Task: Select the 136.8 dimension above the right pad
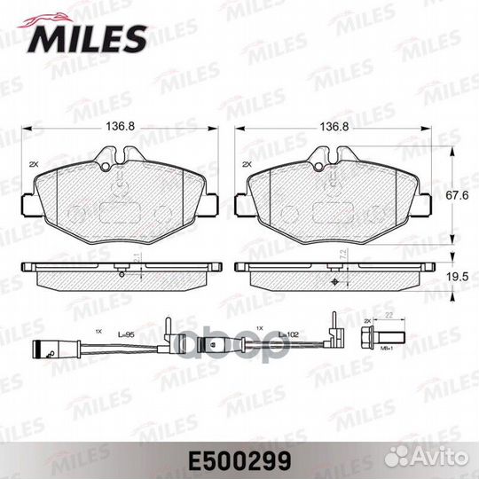333,126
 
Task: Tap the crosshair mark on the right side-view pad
334,282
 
